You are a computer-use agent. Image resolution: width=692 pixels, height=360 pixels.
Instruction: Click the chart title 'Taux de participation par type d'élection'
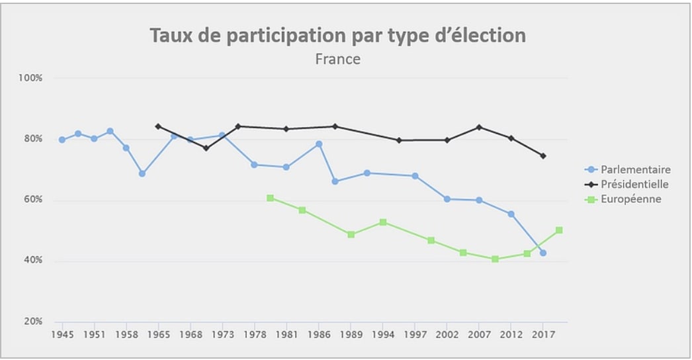337,35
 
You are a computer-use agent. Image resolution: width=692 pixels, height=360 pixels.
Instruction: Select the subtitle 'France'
337,59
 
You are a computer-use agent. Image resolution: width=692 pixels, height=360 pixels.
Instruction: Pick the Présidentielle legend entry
634,184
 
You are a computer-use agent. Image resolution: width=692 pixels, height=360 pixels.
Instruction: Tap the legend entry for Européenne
630,199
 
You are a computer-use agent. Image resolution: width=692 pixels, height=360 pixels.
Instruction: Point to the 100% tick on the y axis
31,77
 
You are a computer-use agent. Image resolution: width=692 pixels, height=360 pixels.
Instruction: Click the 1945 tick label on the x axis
62,335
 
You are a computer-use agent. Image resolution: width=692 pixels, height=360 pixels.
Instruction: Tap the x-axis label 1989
351,335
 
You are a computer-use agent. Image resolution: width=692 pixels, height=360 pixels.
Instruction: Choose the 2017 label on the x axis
543,335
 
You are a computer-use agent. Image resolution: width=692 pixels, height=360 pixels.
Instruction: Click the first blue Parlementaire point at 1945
62,140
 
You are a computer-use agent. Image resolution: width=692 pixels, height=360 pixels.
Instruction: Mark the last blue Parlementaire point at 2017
543,253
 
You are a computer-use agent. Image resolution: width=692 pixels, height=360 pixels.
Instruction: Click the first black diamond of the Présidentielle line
157,126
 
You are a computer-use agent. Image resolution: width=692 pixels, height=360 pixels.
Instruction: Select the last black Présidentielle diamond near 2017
543,156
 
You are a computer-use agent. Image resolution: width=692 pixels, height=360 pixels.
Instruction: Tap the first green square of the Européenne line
270,198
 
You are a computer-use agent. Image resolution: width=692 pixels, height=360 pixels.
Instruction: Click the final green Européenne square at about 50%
559,230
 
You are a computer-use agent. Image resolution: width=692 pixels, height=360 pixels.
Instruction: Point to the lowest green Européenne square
495,259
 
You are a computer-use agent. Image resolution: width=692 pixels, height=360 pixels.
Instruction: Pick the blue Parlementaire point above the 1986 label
319,144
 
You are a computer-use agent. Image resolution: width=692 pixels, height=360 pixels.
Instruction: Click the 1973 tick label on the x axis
222,335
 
